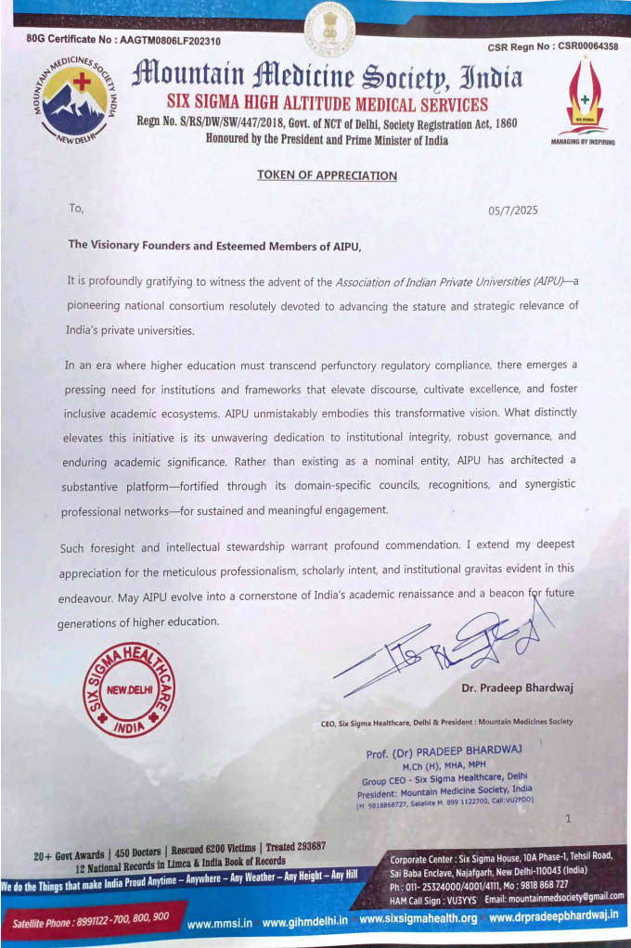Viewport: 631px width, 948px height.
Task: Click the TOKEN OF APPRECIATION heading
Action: click(327, 175)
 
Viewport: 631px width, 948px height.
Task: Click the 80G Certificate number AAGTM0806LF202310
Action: click(123, 40)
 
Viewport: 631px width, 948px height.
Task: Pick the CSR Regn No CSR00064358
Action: click(552, 46)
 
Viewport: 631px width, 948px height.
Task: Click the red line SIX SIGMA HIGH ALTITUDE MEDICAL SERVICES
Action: click(327, 105)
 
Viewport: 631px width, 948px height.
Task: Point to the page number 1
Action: click(567, 817)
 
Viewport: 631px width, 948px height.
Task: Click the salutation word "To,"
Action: click(76, 208)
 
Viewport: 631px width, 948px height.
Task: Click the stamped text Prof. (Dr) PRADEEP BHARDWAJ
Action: click(444, 749)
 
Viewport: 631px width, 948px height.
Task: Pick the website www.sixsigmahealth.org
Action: click(418, 918)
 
